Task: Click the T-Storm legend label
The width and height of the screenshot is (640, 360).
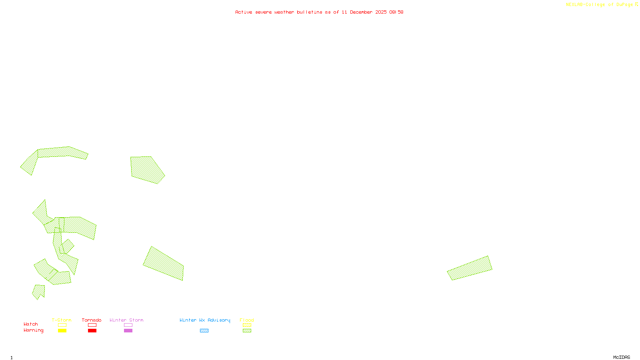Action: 62,320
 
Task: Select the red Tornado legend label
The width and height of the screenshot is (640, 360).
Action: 92,320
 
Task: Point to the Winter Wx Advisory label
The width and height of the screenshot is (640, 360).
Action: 205,320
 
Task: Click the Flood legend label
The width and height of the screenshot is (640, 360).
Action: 247,320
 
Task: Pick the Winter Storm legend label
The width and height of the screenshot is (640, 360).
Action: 126,320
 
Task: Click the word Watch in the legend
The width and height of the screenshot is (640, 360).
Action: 31,324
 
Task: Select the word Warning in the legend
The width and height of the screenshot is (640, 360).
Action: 34,330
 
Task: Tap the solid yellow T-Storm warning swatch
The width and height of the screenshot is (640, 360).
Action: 62,331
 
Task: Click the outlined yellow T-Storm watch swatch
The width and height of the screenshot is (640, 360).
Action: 62,325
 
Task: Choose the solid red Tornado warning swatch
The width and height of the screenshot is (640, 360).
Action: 92,331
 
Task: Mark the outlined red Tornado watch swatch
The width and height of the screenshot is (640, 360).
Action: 92,325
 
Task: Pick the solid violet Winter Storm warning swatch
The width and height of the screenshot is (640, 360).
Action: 128,331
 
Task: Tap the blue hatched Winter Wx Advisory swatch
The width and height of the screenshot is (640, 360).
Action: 204,331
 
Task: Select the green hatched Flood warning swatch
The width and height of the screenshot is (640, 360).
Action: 247,331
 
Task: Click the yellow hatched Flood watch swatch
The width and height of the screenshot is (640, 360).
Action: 247,325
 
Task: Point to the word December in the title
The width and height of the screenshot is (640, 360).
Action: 361,12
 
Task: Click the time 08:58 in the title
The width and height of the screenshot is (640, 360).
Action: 396,12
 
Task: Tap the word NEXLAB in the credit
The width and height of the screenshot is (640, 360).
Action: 574,4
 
